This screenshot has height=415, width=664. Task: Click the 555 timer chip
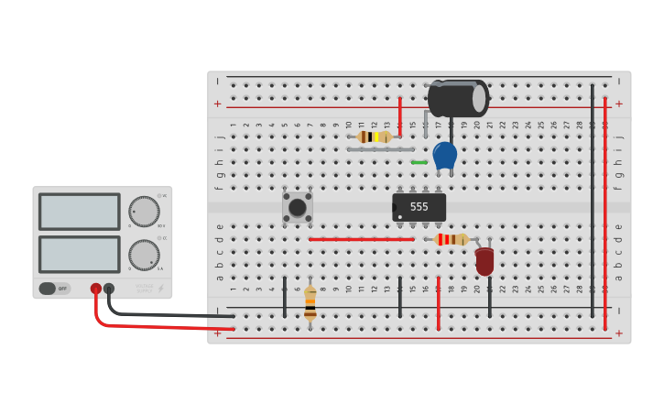(x=419, y=207)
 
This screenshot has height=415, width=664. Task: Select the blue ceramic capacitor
(x=444, y=155)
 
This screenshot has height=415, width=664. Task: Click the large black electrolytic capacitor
(x=457, y=98)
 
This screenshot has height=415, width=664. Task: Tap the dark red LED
(x=484, y=260)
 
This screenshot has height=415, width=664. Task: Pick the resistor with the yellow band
(x=374, y=137)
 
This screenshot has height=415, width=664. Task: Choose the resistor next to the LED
(x=452, y=239)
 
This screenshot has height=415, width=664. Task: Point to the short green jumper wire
(x=419, y=162)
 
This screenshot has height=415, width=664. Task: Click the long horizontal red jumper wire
(x=361, y=239)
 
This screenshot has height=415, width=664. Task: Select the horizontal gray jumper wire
(x=380, y=149)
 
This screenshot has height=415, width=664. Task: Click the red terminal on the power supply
(x=96, y=289)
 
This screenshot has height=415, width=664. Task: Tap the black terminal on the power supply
(x=109, y=289)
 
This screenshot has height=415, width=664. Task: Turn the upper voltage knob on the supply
(x=143, y=211)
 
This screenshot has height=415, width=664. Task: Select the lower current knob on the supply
(x=143, y=254)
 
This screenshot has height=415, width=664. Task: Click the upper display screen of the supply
(x=79, y=212)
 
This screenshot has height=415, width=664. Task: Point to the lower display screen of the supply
(x=79, y=254)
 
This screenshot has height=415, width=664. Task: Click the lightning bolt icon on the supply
(x=160, y=288)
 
